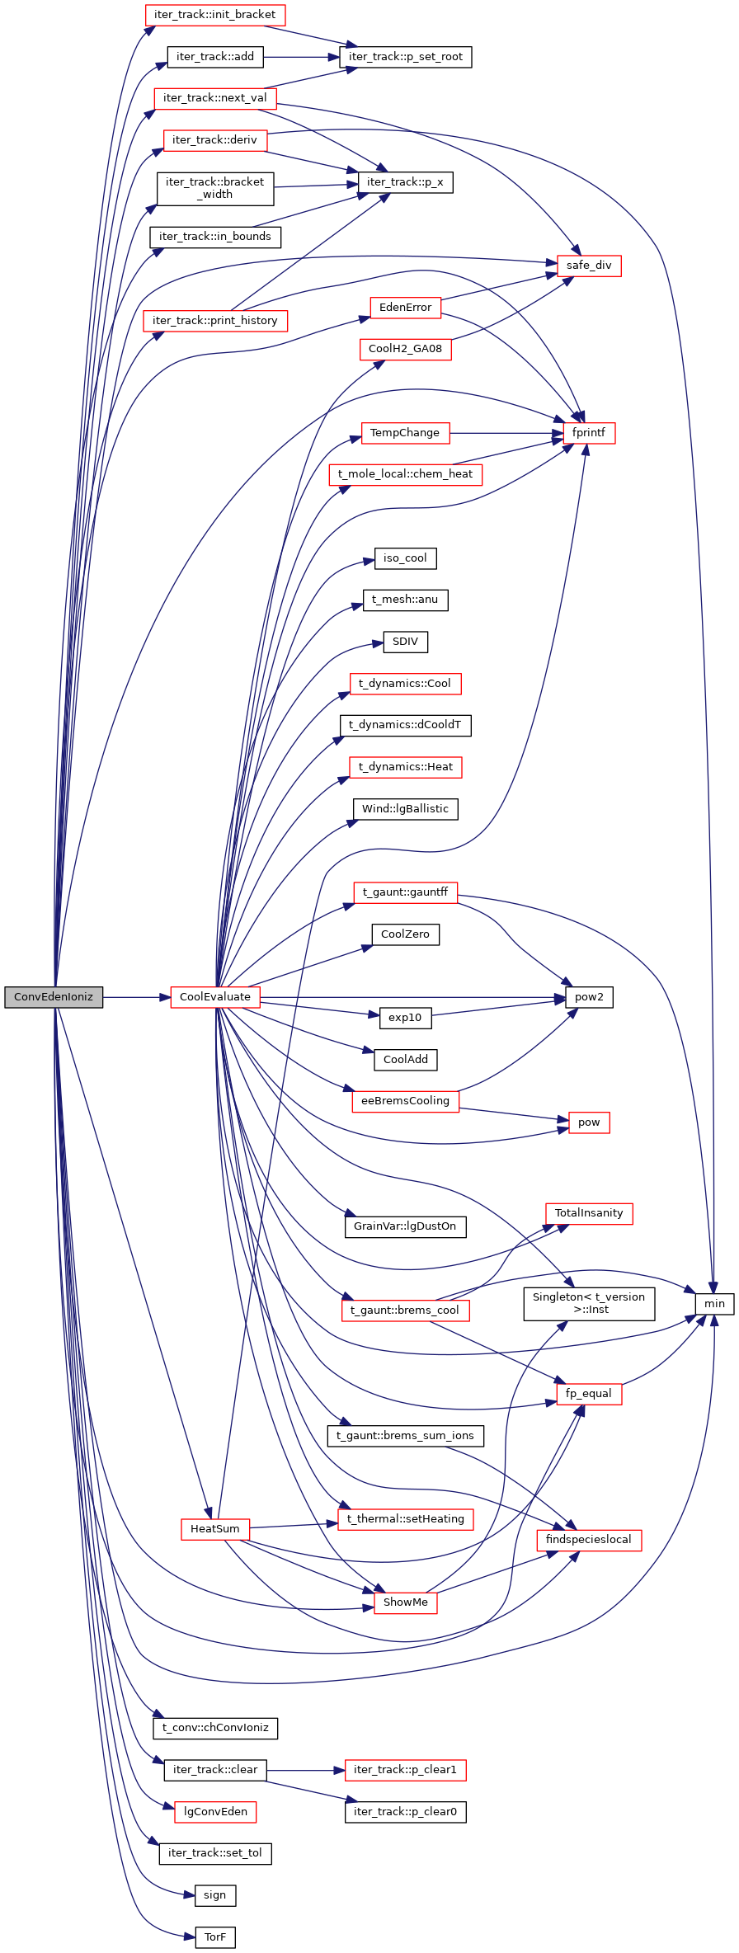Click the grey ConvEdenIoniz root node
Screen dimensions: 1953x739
[54, 997]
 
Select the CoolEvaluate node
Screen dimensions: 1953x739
[214, 997]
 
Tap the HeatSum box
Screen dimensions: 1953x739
[214, 1529]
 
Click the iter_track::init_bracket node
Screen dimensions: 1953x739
[214, 15]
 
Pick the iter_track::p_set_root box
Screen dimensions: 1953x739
[405, 57]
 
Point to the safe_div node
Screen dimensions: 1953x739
[589, 266]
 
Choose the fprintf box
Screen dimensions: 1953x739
[589, 433]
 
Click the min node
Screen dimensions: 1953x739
[714, 1304]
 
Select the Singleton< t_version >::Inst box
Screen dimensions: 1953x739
[589, 1304]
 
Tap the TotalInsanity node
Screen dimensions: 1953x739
[589, 1213]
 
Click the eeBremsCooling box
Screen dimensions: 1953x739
[405, 1101]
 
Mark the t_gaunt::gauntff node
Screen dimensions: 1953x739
[405, 892]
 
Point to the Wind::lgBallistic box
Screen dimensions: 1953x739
[405, 809]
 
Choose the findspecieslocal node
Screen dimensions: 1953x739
[589, 1540]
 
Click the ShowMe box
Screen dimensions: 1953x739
[405, 1602]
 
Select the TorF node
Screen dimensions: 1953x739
[214, 1937]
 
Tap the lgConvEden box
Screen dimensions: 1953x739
[214, 1812]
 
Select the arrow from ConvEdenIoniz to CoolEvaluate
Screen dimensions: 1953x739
[136, 997]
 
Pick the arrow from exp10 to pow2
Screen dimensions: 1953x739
[495, 1008]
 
